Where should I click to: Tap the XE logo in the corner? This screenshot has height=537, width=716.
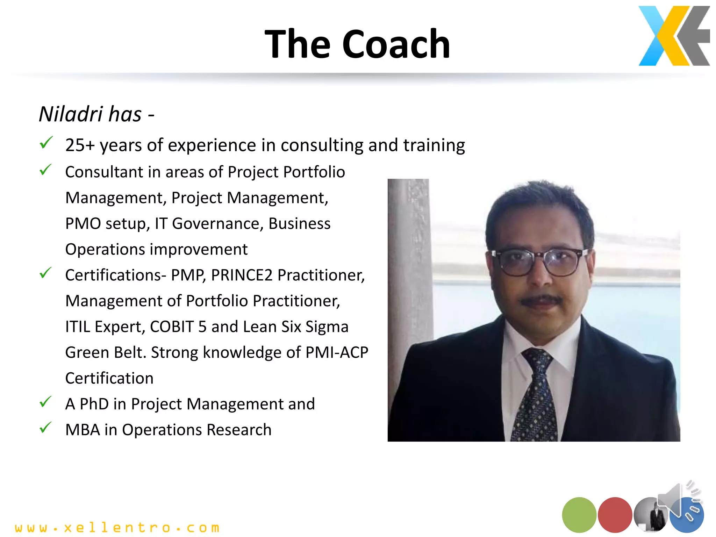(x=674, y=36)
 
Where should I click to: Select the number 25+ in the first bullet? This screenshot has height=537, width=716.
(x=80, y=145)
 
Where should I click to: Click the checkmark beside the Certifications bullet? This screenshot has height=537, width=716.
(x=45, y=273)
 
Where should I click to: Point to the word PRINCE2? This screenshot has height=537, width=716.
(x=242, y=275)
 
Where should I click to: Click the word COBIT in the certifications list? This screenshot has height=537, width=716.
(x=172, y=327)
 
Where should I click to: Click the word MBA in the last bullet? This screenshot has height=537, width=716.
(x=83, y=430)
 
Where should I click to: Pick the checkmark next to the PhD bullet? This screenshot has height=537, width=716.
(x=45, y=402)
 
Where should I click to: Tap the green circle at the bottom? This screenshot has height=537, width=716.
(x=579, y=515)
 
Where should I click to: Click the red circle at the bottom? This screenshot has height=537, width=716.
(x=615, y=515)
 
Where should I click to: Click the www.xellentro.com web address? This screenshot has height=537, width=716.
(x=117, y=527)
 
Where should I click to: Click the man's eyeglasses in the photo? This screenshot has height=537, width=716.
(x=540, y=262)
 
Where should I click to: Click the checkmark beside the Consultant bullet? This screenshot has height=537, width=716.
(x=45, y=170)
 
